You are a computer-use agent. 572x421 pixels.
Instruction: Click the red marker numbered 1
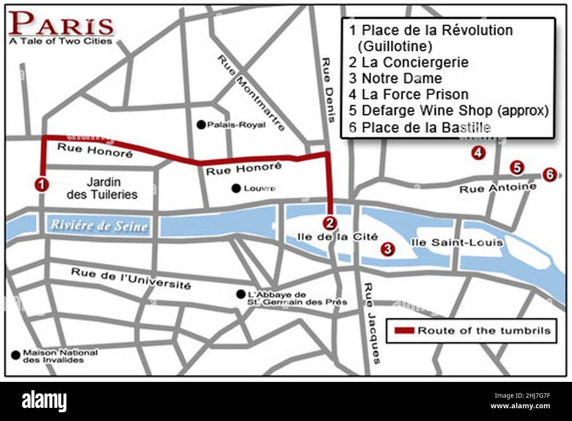click(x=41, y=185)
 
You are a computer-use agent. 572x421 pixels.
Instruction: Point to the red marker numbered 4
click(x=478, y=153)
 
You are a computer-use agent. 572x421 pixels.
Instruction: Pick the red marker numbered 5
click(x=517, y=167)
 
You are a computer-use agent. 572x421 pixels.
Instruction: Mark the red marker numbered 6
click(x=548, y=174)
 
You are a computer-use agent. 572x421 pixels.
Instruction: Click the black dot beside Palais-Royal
click(x=202, y=125)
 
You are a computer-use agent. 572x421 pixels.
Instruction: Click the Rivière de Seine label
click(x=99, y=225)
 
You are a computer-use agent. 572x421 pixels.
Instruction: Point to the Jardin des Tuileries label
click(x=103, y=188)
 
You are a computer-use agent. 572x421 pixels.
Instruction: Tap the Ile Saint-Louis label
click(x=456, y=243)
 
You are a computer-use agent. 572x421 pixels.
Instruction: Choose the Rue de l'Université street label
click(x=131, y=279)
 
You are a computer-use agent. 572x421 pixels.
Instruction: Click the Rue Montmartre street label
click(x=251, y=93)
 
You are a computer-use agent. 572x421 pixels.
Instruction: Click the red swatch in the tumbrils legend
click(x=404, y=330)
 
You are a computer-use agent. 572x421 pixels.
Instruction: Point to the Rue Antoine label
click(x=498, y=188)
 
